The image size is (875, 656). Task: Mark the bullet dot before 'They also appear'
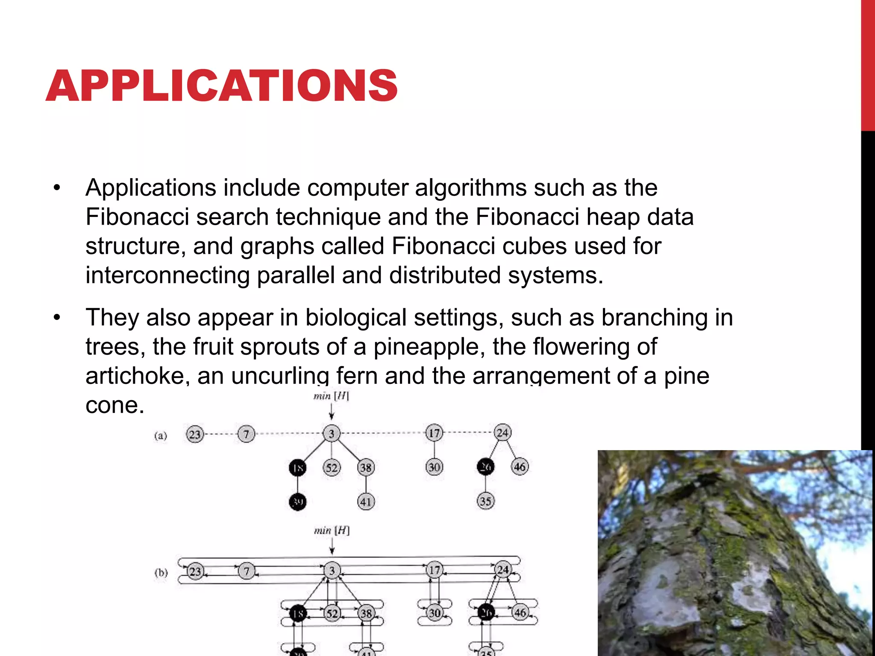[57, 318]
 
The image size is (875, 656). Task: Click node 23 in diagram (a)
[195, 434]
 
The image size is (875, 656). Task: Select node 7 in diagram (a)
[246, 434]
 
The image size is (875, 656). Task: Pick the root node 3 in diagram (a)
[332, 434]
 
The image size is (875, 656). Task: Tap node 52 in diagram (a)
[332, 468]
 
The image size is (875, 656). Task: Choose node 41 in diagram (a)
[366, 501]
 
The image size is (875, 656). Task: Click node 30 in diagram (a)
[434, 467]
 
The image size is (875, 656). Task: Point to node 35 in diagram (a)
[485, 501]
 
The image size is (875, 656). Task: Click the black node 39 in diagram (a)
[298, 501]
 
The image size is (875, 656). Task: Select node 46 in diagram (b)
[520, 612]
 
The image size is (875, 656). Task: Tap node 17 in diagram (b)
[435, 570]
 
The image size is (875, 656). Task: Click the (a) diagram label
[161, 436]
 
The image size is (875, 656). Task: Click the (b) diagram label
[161, 572]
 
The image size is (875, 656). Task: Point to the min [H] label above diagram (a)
[331, 396]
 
